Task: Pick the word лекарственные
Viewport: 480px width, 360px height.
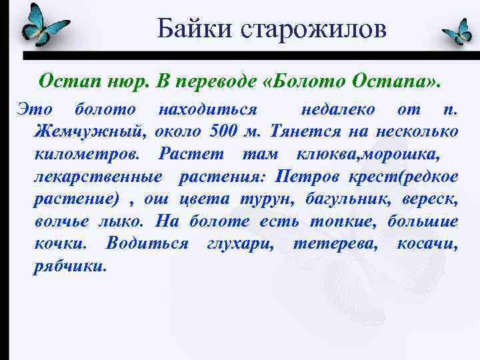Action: pyautogui.click(x=97, y=177)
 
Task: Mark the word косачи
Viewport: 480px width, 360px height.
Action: pyautogui.click(x=427, y=245)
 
